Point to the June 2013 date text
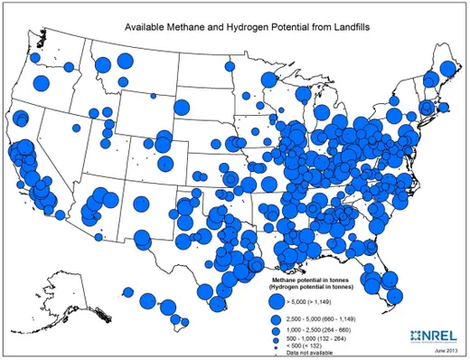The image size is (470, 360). click(x=445, y=349)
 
